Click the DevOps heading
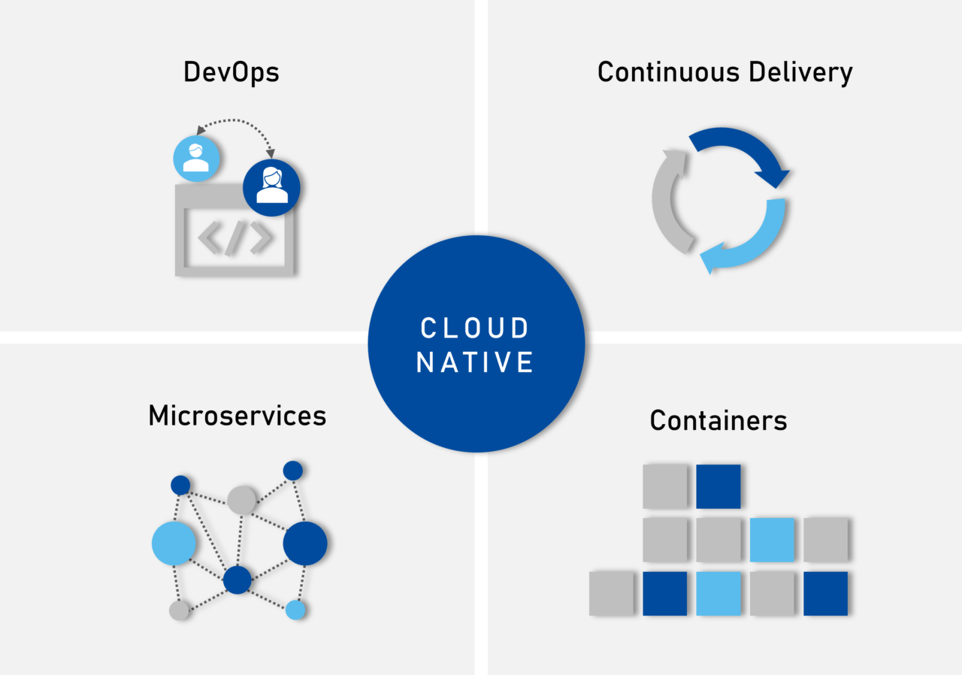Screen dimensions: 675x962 (231, 72)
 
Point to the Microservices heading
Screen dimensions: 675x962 (237, 415)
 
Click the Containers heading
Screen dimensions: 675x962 (718, 420)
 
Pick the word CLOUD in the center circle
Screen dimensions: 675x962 (475, 328)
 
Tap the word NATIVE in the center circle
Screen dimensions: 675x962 (475, 362)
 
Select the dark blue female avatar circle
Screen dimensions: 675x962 (271, 187)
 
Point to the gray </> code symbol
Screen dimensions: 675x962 (235, 238)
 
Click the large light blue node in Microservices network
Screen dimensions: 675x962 (174, 543)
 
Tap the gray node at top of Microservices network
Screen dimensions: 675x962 (242, 500)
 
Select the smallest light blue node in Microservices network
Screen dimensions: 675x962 (295, 610)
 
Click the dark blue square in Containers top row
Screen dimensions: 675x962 (718, 486)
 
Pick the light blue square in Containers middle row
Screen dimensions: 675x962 (772, 540)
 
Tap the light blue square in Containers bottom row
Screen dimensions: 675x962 (718, 594)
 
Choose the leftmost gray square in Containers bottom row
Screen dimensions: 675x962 (611, 594)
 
